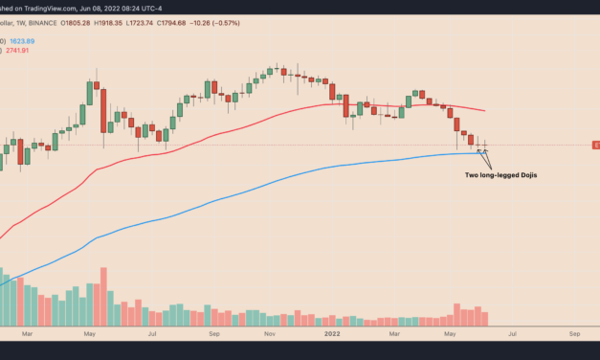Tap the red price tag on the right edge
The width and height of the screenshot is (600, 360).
click(595, 145)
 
